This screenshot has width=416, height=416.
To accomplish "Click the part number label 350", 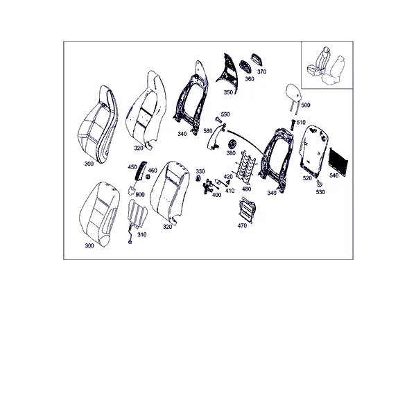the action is [x=228, y=92].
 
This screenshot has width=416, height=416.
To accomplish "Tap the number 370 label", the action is [x=261, y=71].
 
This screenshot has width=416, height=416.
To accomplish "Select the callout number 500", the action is [x=306, y=105].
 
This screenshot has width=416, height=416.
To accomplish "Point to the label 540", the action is [x=333, y=175].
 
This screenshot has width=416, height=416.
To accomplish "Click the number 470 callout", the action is [x=242, y=225].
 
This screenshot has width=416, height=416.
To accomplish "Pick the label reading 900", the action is [x=140, y=195].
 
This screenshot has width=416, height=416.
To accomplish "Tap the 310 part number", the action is [x=142, y=234].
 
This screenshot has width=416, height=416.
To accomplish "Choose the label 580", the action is [x=208, y=131].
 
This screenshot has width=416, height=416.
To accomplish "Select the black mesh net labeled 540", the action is [x=338, y=161].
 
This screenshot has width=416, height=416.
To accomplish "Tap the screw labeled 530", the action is [x=319, y=183].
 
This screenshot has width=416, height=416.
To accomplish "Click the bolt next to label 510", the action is [x=293, y=125].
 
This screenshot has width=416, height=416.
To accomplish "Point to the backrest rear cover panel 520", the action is [x=313, y=150].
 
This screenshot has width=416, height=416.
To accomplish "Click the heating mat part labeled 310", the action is [x=137, y=215].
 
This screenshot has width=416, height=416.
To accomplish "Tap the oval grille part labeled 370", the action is [x=257, y=60].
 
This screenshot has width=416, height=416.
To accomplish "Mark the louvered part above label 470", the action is [x=248, y=210].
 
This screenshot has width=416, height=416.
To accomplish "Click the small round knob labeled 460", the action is [x=148, y=177].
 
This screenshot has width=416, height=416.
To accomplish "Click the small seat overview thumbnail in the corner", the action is [x=327, y=65].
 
